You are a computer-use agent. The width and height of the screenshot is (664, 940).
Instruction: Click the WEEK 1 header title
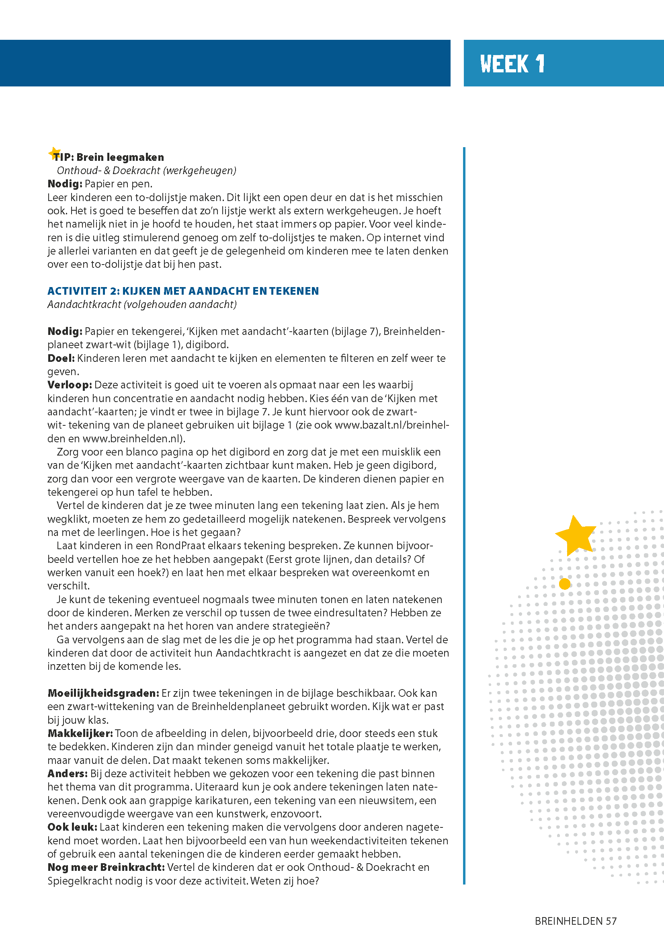coord(512,64)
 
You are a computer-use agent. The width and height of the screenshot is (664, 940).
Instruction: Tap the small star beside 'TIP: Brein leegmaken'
coord(54,153)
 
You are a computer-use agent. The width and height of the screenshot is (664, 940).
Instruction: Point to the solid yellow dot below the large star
coord(565,584)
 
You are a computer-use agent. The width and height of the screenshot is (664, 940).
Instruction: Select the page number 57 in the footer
coord(611,921)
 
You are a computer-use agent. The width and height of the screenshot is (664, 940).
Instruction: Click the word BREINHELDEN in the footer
coord(569,921)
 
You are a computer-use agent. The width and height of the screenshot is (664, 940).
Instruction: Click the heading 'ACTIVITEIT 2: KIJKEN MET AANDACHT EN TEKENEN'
coord(183,291)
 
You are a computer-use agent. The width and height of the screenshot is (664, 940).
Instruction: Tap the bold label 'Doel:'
coord(61,358)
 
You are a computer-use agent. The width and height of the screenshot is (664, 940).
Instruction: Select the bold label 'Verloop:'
coord(70,385)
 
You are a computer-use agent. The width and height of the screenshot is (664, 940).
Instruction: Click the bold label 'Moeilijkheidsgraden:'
coord(103,693)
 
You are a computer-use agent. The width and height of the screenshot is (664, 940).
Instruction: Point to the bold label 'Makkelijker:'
coord(80,733)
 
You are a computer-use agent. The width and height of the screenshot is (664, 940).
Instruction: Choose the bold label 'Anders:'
coord(68,774)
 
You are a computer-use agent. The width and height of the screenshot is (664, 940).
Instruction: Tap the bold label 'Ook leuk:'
coord(72,827)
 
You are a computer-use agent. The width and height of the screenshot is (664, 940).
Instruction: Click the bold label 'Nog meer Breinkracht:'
coord(106,867)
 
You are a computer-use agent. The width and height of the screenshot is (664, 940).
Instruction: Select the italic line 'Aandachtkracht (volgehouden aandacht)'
coord(142,305)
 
